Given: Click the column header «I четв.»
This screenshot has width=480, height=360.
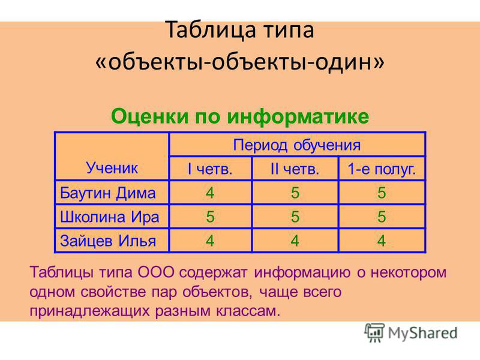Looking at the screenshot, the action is (x=210, y=169).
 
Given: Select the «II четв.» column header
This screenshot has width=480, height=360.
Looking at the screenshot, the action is (x=295, y=169).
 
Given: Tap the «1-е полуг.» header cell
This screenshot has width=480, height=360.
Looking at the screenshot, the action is (x=382, y=169).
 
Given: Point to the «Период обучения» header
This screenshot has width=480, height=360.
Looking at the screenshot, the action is (x=296, y=145).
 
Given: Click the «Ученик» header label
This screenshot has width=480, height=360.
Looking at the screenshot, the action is (x=112, y=168).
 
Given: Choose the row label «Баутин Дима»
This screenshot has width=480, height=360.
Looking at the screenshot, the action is (x=108, y=193).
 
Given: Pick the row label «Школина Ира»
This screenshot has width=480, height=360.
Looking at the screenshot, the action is (x=110, y=217).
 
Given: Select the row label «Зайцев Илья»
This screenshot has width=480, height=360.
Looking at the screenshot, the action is (x=108, y=241).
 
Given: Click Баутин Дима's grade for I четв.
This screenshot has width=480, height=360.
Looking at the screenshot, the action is (x=209, y=193).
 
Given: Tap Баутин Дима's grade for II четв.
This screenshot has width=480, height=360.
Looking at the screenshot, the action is (x=295, y=193).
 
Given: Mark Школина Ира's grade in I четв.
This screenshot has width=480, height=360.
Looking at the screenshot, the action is (x=210, y=217).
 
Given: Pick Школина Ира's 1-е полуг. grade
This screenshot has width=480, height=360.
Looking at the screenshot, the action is (x=382, y=217).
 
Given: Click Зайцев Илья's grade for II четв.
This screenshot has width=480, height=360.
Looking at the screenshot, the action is (x=295, y=241).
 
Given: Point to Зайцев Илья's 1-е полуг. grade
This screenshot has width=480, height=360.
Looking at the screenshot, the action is (x=382, y=241).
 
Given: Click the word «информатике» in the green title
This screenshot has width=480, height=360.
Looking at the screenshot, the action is (x=298, y=116).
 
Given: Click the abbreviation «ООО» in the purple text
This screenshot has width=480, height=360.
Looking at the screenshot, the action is (x=156, y=272).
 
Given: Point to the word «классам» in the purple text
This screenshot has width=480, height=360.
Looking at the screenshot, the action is (x=248, y=311).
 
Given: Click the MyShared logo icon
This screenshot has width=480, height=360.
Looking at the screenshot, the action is (x=374, y=332).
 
